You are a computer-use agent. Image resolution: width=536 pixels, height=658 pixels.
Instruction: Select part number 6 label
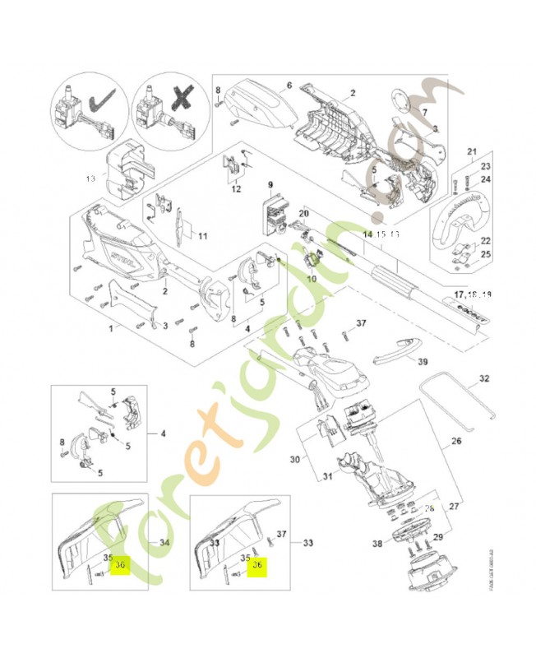[x=289, y=86]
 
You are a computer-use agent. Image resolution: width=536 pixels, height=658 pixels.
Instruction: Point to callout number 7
[x=425, y=111]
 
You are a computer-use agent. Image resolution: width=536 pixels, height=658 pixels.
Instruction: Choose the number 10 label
[x=312, y=279]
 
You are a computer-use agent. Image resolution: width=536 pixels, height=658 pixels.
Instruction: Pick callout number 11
[x=201, y=237]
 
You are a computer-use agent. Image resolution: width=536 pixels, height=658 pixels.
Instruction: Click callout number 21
[x=472, y=151]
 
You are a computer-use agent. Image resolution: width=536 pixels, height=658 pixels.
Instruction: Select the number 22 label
[x=486, y=240]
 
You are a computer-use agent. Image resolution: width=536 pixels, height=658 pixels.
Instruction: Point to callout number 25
[x=486, y=255]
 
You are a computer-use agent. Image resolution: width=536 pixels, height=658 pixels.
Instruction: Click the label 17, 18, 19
[x=473, y=294]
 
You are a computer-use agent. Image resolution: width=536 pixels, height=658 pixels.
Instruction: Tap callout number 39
[x=423, y=361]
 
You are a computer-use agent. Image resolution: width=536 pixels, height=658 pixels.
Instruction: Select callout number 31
[x=326, y=475]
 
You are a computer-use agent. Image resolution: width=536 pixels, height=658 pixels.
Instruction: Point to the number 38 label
[x=377, y=544]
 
